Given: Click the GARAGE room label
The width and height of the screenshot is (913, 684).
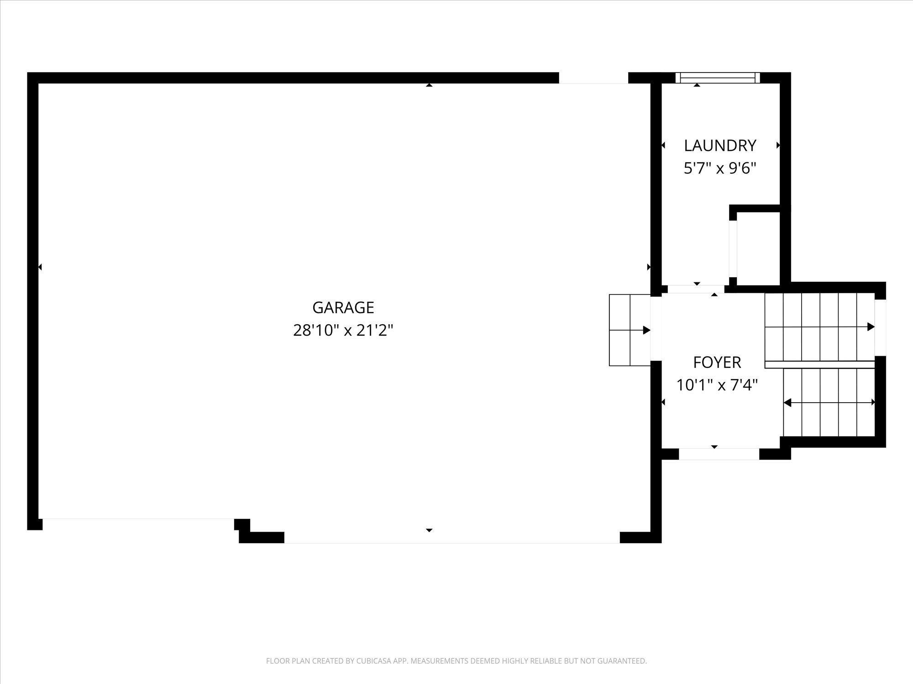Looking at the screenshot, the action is [x=343, y=307].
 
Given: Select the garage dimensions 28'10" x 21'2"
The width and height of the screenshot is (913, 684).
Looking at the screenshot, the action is [x=343, y=330].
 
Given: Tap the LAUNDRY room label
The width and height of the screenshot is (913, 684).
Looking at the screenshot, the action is [x=720, y=145].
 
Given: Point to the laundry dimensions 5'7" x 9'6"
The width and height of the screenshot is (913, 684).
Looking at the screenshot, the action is [x=720, y=168].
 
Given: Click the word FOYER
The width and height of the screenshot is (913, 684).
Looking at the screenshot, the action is [x=717, y=363].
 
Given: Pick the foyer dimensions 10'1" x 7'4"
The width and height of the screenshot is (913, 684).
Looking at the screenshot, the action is [x=717, y=385].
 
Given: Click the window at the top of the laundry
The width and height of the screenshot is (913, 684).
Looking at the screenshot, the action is [x=718, y=78].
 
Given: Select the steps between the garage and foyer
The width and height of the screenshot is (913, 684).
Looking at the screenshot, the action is [x=630, y=330].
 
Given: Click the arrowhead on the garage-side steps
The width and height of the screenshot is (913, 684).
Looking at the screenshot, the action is [x=647, y=330].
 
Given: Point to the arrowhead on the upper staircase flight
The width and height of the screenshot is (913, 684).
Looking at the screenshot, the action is [x=871, y=326].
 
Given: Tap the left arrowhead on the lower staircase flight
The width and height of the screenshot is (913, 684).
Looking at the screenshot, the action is [x=787, y=403].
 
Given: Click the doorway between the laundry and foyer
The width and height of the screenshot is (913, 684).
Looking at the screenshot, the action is [x=696, y=289].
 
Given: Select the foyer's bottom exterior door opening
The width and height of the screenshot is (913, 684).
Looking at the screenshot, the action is [x=719, y=454].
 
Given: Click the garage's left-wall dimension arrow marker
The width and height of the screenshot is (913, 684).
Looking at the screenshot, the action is [x=40, y=267].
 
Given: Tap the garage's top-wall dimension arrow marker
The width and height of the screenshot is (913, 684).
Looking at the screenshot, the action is [x=429, y=85].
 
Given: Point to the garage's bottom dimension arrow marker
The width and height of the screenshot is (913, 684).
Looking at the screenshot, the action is [x=429, y=530].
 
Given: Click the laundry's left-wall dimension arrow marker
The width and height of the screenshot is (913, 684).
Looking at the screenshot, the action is [x=663, y=145].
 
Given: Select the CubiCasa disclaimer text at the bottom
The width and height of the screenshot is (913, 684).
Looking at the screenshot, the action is [x=456, y=661].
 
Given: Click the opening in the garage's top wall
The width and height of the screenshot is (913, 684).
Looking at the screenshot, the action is [x=594, y=78].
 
